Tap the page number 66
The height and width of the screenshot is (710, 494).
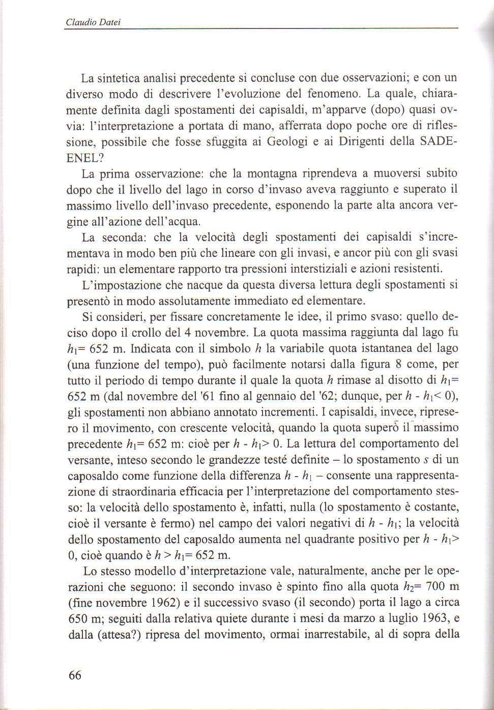74,675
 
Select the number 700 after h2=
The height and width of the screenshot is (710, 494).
436,586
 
